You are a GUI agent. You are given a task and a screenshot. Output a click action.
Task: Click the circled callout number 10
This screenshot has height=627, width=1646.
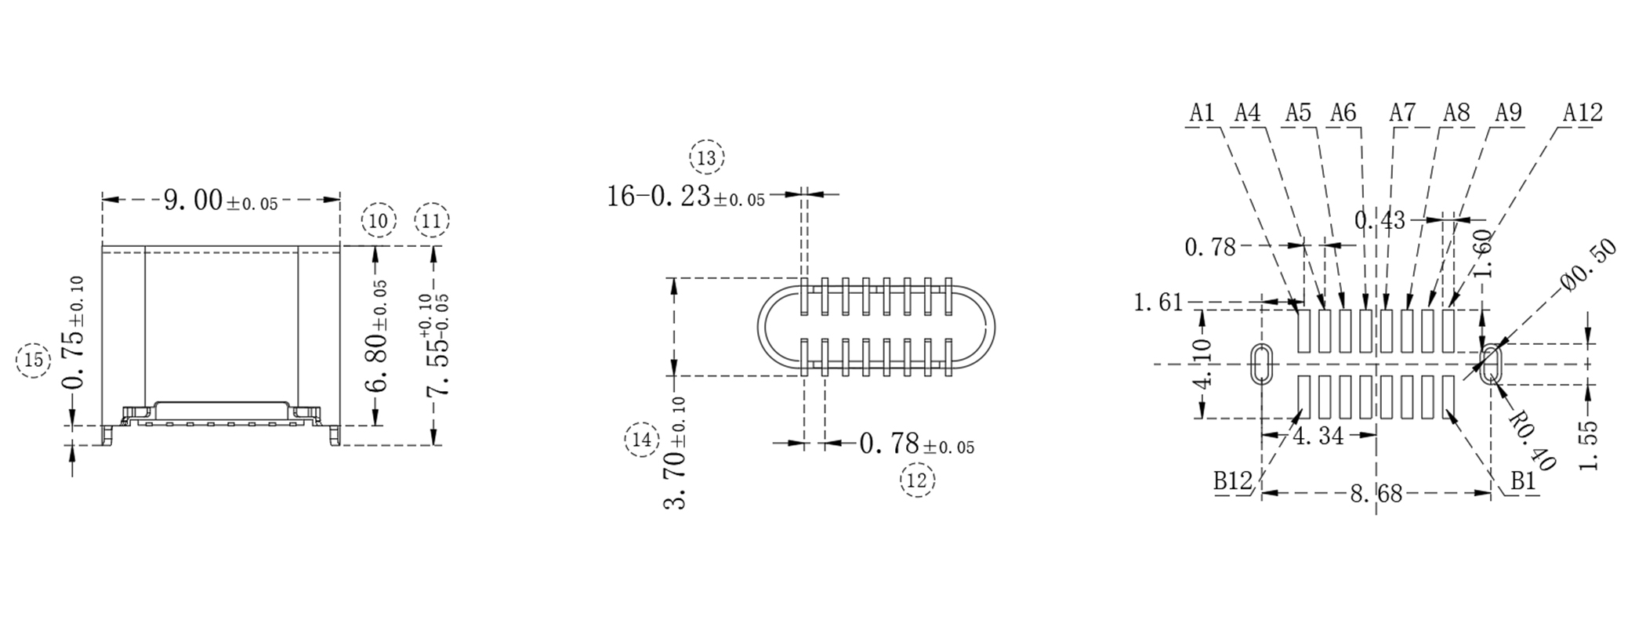[x=379, y=221]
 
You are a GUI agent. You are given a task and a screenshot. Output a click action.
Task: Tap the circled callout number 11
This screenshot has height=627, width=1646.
[x=432, y=221]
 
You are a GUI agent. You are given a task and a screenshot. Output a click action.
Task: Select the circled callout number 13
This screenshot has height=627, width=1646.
[x=707, y=158]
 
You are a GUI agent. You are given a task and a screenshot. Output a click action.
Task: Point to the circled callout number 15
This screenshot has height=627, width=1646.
[x=34, y=361]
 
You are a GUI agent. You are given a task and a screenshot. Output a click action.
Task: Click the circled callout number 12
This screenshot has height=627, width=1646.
[x=917, y=480]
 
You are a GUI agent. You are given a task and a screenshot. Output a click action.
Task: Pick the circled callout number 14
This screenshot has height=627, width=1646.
[x=642, y=440]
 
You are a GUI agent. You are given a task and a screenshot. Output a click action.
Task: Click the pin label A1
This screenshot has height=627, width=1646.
[x=1202, y=113]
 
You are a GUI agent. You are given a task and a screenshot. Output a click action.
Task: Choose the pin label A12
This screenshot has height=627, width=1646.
[x=1583, y=113]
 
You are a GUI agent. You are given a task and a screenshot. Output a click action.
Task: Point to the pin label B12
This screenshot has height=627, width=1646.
[x=1232, y=480]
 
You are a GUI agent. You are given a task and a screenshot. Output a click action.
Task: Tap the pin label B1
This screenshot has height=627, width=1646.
[x=1523, y=481]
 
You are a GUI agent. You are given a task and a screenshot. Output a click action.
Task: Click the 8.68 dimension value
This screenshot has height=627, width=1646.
[x=1376, y=494]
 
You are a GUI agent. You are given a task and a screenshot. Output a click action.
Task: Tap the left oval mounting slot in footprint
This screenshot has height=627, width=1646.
[x=1261, y=364]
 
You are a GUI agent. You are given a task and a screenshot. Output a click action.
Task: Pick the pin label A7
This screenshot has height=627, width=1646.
[x=1402, y=113]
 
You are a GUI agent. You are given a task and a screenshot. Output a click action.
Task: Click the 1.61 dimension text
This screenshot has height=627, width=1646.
[x=1158, y=302]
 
